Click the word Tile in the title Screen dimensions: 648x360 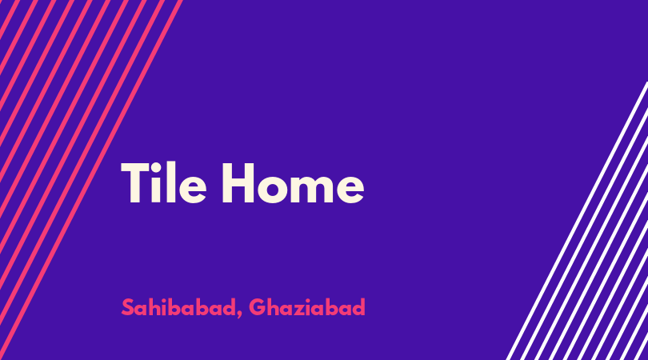pos(164,182)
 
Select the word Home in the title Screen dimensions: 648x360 pos(294,183)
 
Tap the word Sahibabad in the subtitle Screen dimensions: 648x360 pos(178,307)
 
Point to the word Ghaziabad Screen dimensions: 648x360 pos(307,307)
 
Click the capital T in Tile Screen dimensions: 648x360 pos(134,182)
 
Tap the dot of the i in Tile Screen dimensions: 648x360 pos(156,166)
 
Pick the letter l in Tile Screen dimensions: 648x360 pos(170,182)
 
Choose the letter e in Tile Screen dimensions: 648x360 pos(193,189)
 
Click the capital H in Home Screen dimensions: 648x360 pos(238,182)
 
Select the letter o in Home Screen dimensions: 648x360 pos(273,189)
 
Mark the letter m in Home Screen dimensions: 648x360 pos(313,188)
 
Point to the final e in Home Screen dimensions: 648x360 pos(350,189)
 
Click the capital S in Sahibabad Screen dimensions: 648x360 pos(128,307)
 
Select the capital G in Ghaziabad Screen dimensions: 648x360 pos(257,307)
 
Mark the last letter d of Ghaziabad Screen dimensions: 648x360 pos(358,306)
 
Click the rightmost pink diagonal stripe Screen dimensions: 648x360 pos(90,180)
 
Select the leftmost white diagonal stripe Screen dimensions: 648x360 pos(577,221)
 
